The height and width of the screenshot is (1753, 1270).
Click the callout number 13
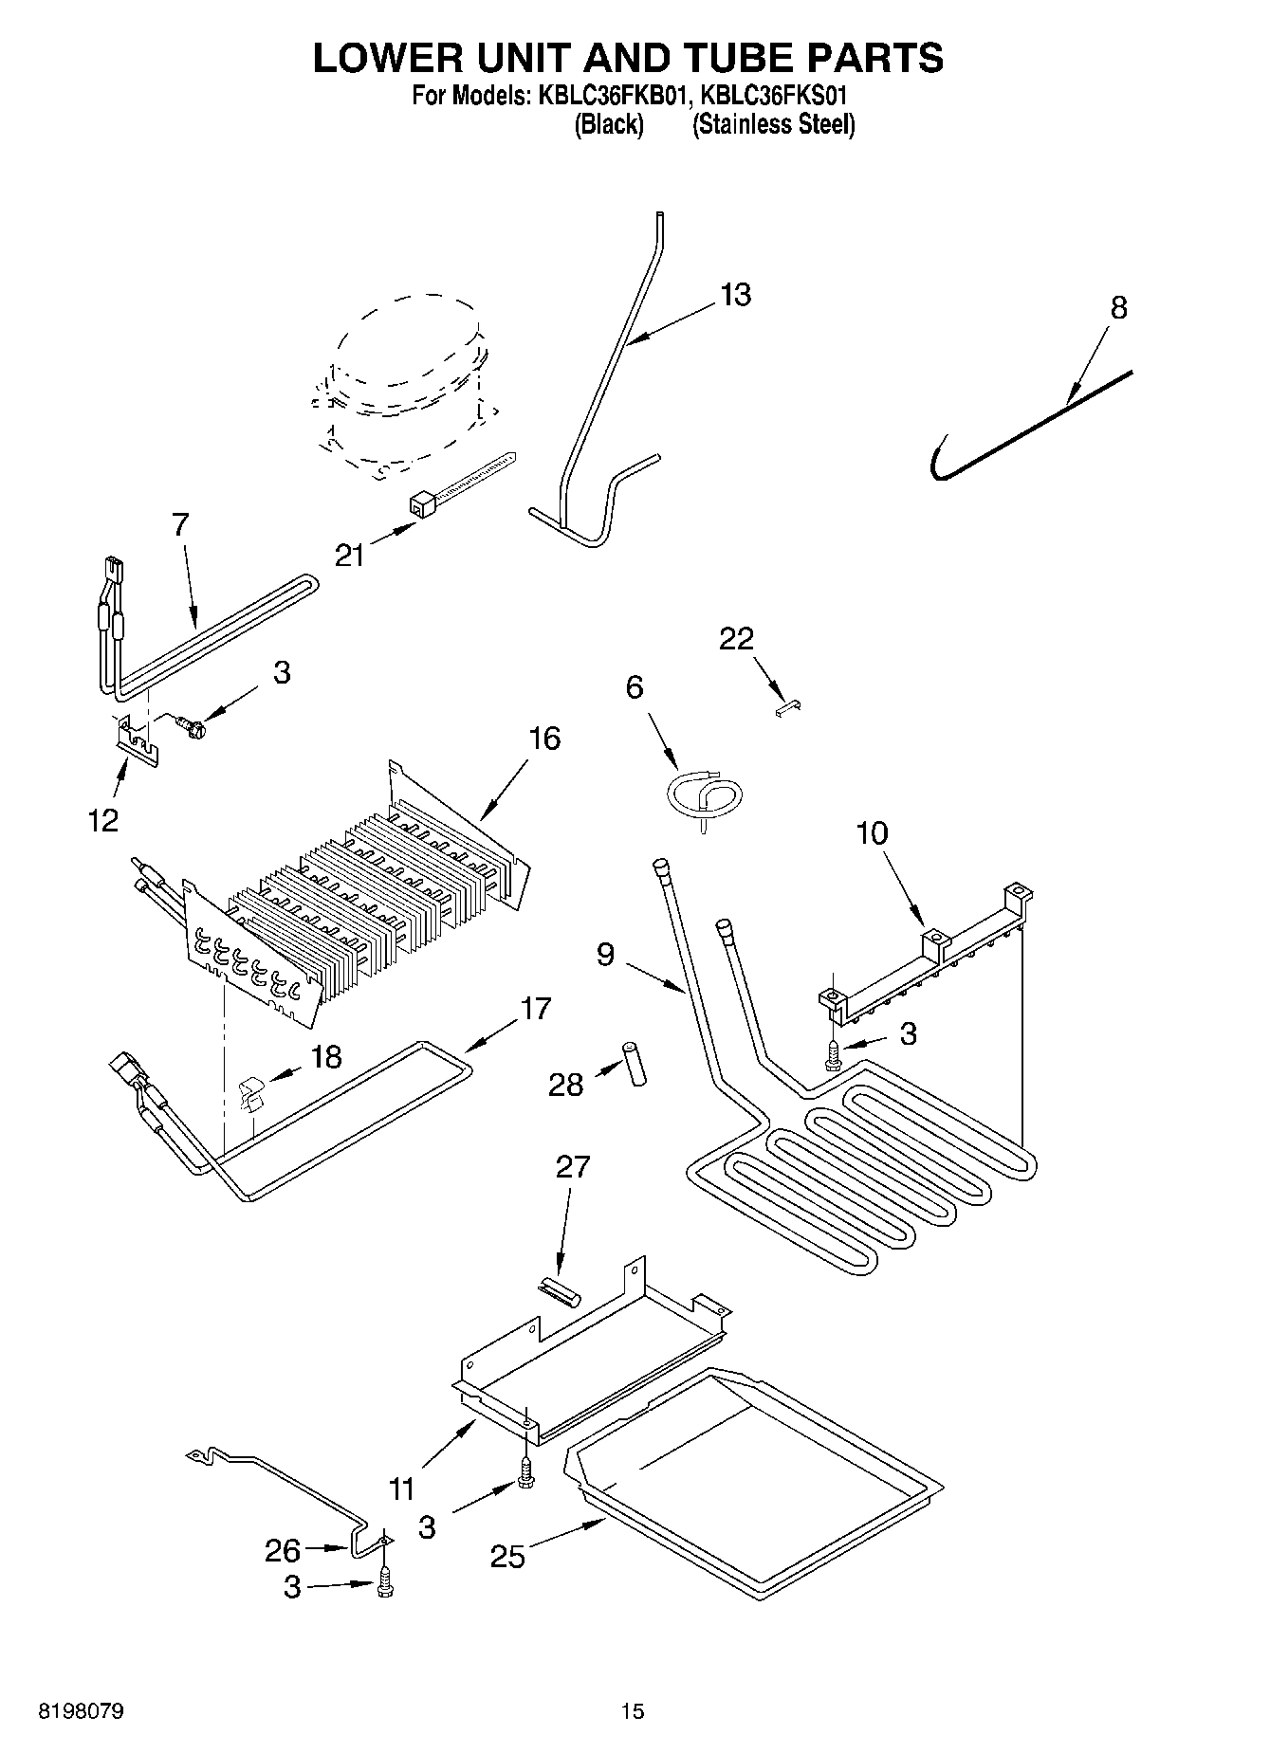pos(735,295)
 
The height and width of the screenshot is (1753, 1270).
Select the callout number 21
pos(350,555)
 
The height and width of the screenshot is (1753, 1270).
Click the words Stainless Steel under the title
pos(773,125)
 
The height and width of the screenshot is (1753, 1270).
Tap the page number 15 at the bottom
pos(633,1711)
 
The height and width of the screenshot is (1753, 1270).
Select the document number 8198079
pos(81,1711)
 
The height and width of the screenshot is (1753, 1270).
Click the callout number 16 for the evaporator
pos(544,738)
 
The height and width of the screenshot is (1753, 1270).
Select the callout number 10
pos(872,833)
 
